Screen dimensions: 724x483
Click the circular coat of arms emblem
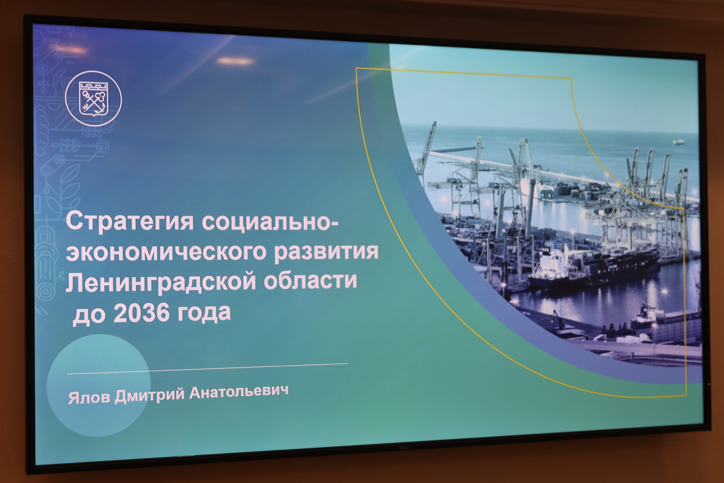94,99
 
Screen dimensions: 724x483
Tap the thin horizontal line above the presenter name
207,368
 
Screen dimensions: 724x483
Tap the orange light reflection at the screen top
236,61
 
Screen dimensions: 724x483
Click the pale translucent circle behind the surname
98,385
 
